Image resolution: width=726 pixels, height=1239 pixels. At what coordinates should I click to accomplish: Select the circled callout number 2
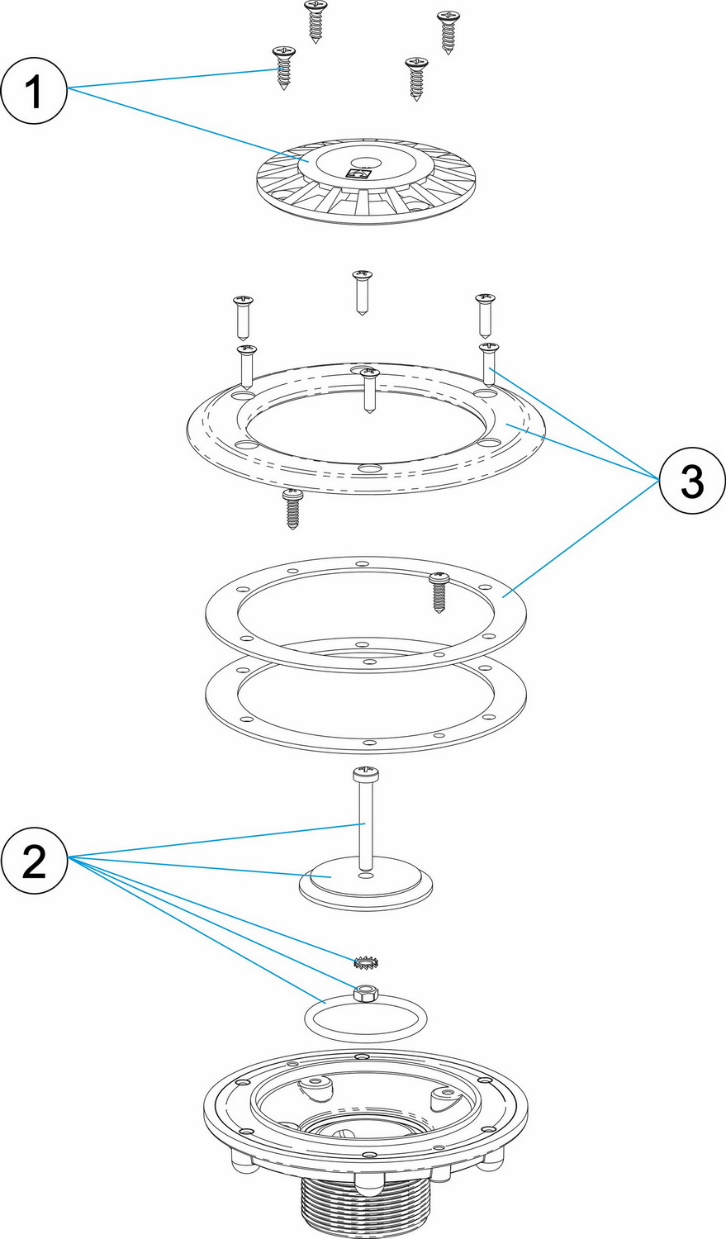34,861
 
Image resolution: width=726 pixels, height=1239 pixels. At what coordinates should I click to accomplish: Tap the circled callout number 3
690,481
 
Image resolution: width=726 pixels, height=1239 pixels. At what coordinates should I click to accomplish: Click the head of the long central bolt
364,775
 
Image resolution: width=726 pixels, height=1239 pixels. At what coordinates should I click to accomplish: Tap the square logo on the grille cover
360,174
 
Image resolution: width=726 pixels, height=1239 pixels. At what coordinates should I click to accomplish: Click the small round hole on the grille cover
363,163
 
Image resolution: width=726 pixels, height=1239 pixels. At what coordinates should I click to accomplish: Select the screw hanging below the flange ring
292,507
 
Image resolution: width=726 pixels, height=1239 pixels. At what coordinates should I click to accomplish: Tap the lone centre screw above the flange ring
363,291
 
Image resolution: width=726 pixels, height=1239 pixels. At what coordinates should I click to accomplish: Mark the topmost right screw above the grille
448,31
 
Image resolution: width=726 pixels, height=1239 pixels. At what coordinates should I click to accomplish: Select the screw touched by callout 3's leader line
488,363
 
